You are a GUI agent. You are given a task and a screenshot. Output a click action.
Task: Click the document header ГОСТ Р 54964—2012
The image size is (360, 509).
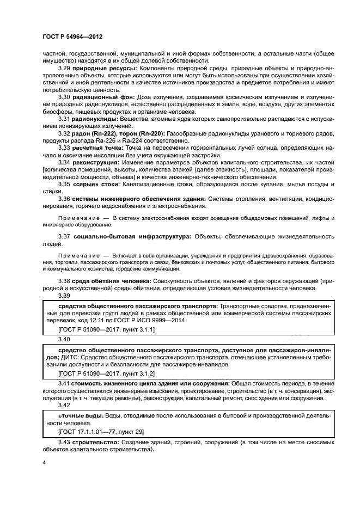72,37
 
